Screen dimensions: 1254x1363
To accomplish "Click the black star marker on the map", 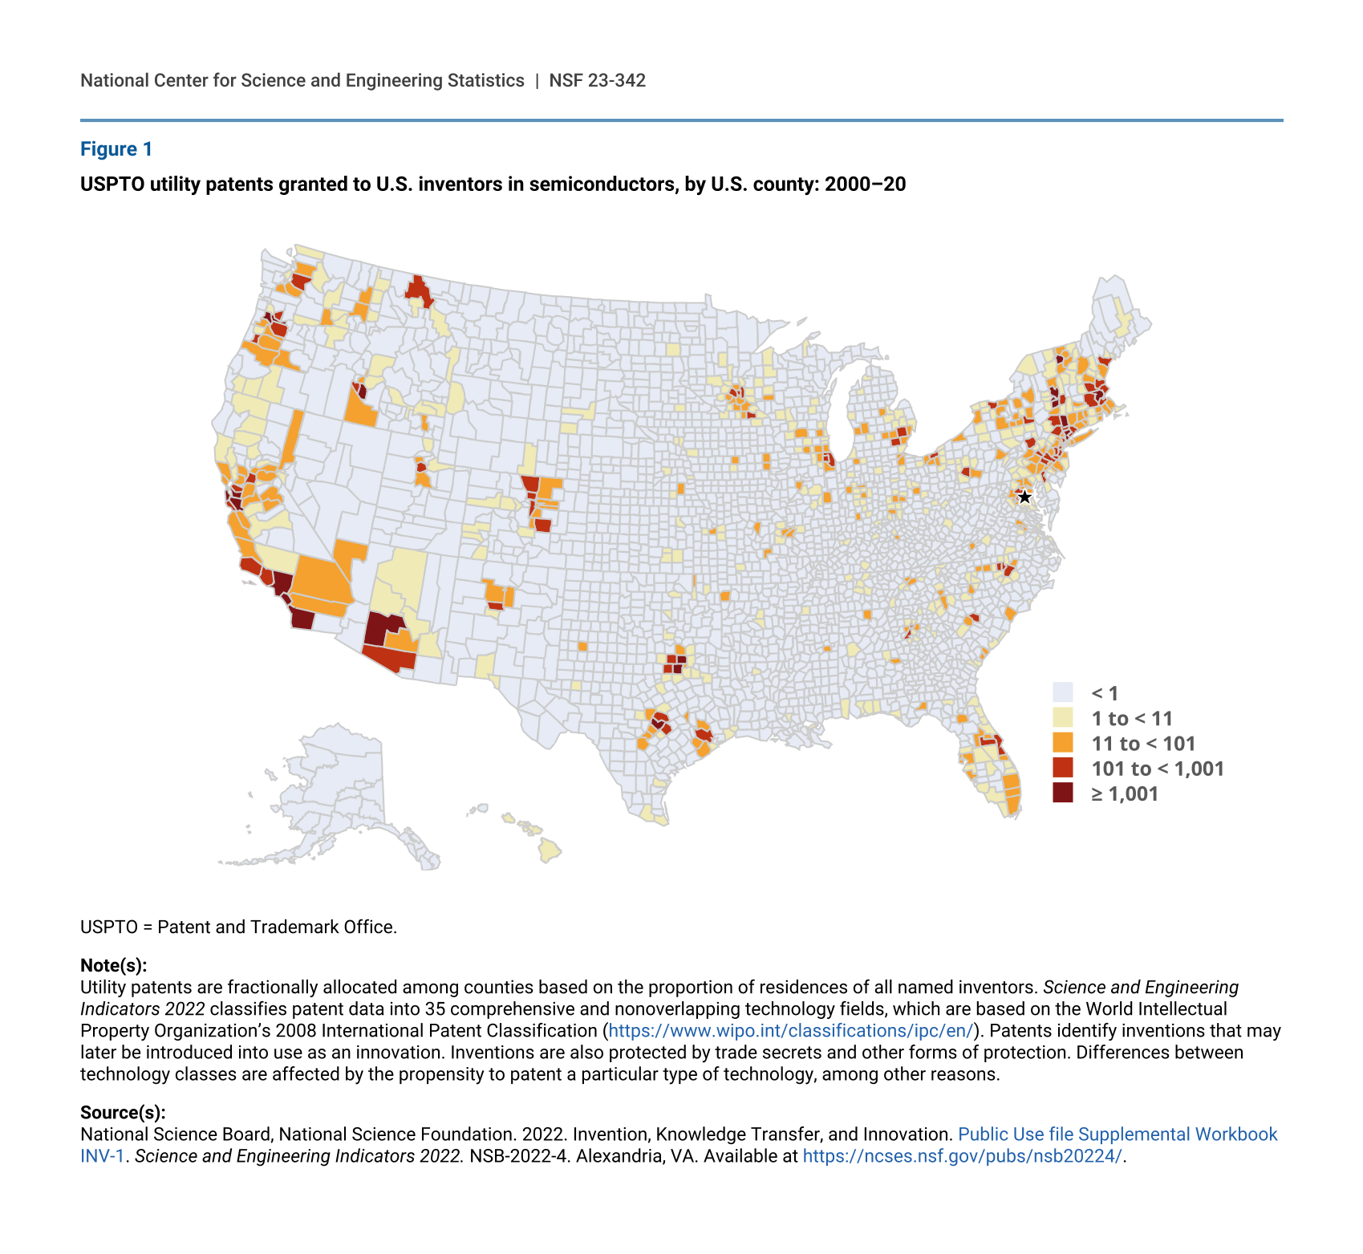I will (1024, 497).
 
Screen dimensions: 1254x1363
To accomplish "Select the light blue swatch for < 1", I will (1063, 692).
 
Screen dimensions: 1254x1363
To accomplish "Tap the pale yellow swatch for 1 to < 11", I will (1063, 717).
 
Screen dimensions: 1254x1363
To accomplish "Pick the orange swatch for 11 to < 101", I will (1063, 743).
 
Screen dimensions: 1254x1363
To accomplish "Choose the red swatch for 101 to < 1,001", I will (1063, 768).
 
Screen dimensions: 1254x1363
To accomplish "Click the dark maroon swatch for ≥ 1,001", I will (1063, 793).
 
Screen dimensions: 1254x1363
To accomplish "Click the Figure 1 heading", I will (116, 149).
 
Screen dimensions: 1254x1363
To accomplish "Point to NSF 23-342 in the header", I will (597, 80).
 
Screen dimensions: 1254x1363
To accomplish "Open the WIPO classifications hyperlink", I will (790, 1031).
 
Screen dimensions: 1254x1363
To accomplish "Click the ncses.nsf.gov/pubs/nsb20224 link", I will (962, 1156).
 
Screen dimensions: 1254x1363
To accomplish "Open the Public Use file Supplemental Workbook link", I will (1117, 1134).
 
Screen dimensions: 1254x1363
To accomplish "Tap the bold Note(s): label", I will (113, 965).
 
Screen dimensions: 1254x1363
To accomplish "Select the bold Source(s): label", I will (123, 1113).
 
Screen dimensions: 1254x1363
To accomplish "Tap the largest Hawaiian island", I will (550, 849).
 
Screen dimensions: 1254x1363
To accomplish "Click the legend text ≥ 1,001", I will (1125, 794).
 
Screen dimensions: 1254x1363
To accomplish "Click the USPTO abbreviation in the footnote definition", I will (108, 927).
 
